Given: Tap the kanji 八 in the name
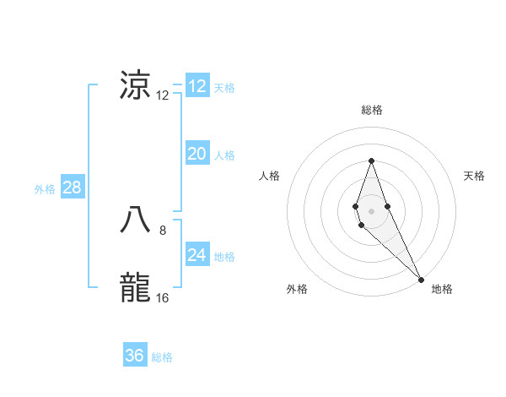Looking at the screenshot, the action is (x=136, y=220).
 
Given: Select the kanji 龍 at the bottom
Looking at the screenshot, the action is (x=136, y=287).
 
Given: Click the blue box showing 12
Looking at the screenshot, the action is (x=196, y=86).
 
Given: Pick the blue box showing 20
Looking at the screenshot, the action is (x=196, y=154).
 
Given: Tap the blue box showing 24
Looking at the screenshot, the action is (x=196, y=255).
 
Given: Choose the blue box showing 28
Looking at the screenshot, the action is (x=72, y=188).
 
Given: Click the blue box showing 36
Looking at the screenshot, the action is (x=135, y=356).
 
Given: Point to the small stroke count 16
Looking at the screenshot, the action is (x=163, y=298).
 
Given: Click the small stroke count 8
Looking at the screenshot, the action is (x=163, y=230).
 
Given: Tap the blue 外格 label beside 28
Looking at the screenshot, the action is (x=45, y=189).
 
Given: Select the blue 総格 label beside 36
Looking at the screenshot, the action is (x=162, y=357).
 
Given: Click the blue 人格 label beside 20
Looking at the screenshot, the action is (x=224, y=155).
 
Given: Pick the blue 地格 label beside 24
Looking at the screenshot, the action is (x=224, y=257).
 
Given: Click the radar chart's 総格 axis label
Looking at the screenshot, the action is (x=372, y=110).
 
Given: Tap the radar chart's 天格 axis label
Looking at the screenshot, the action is (x=474, y=176).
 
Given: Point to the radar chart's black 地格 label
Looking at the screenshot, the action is (x=442, y=289).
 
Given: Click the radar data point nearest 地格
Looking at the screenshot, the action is (x=420, y=279).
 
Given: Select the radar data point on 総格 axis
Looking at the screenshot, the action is (x=372, y=160).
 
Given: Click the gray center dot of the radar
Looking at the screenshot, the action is (x=372, y=211).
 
